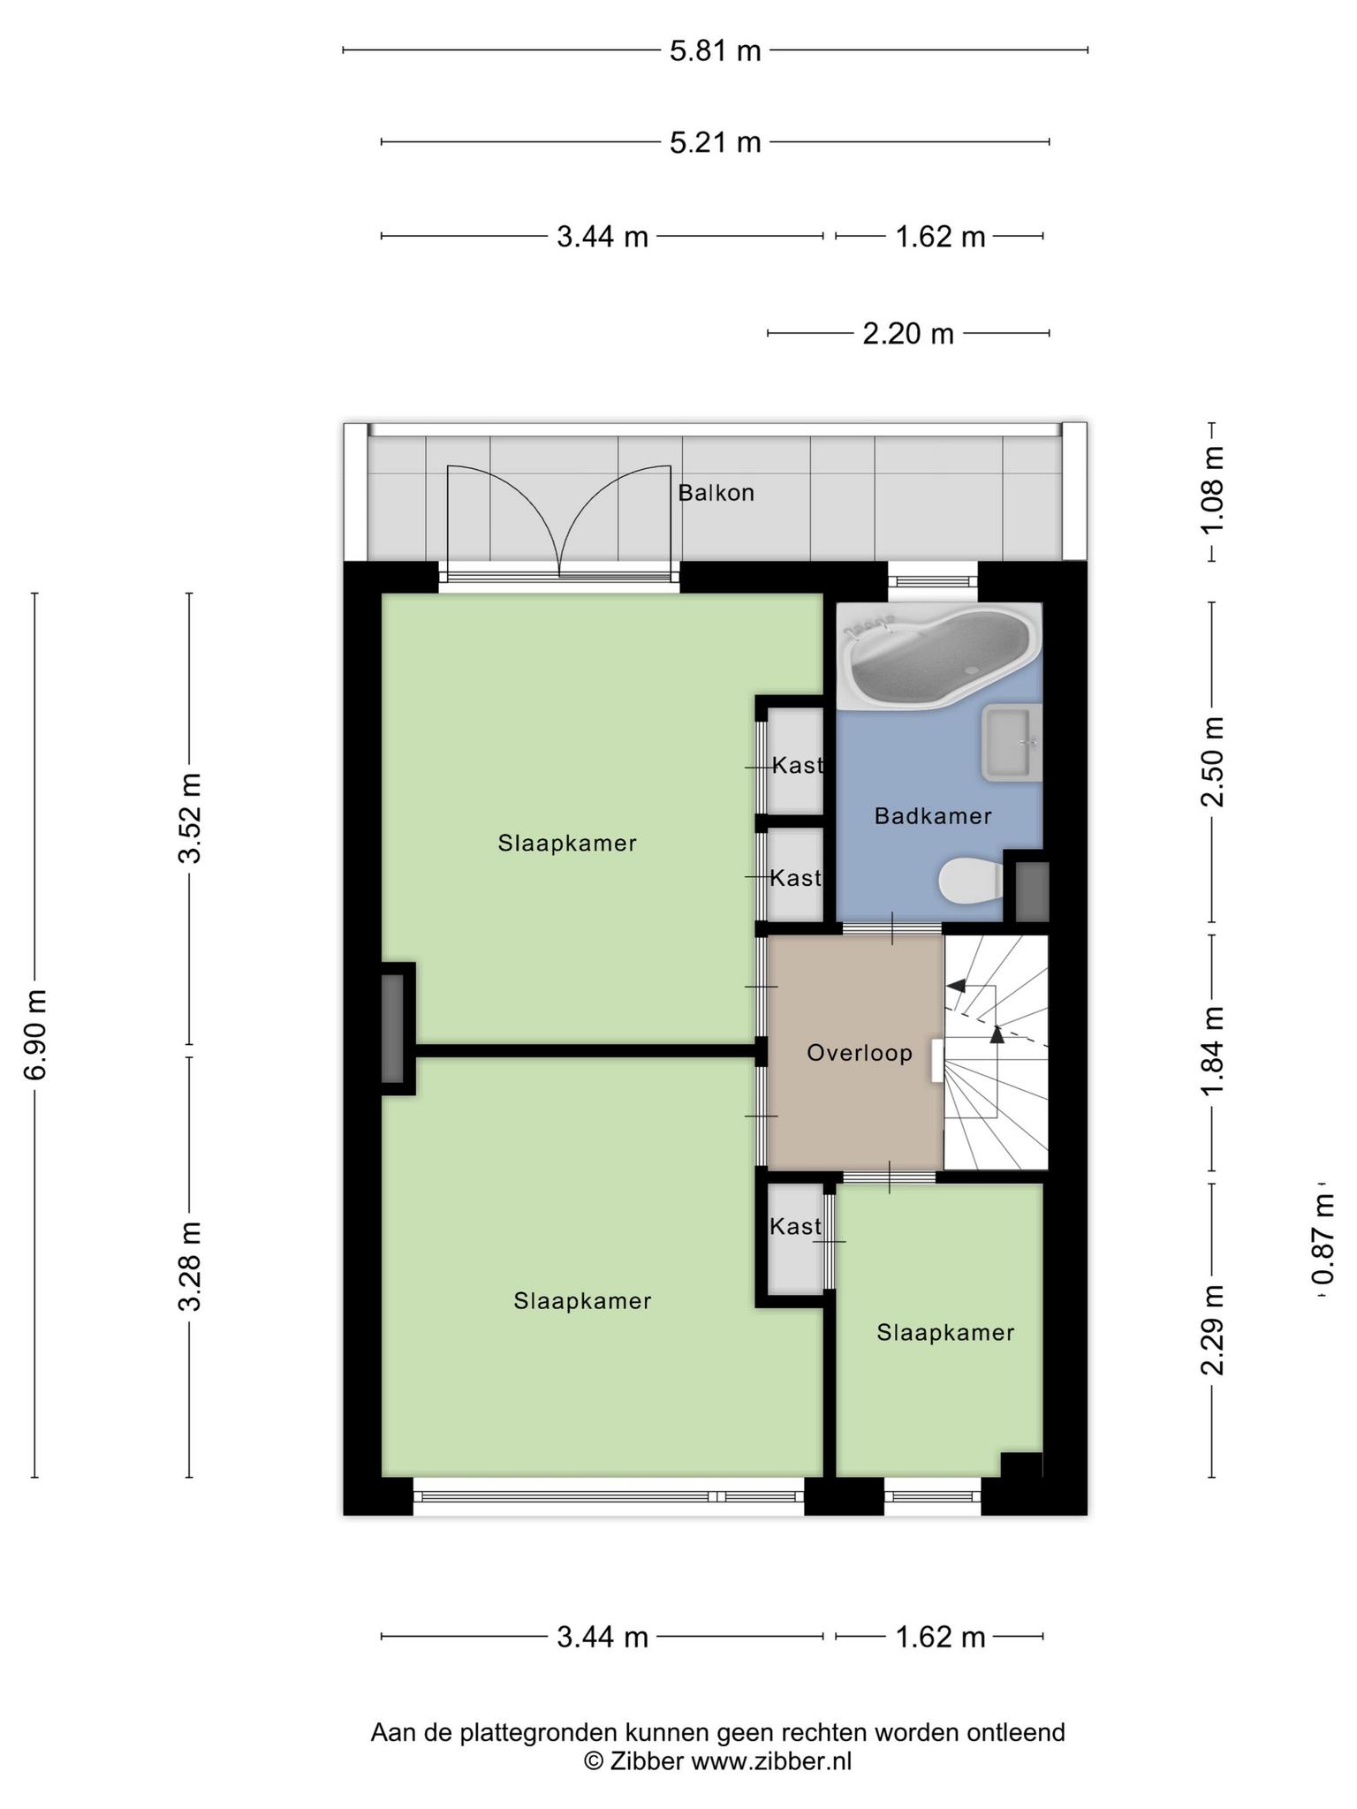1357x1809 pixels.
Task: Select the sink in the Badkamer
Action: [1012, 743]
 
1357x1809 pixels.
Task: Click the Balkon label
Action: [716, 493]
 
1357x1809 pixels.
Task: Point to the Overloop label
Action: [860, 1053]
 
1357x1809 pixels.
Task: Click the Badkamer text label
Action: [933, 816]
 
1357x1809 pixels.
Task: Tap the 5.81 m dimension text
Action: [715, 50]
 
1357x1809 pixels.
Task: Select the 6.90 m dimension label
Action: [36, 1034]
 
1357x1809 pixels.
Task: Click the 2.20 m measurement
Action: [908, 334]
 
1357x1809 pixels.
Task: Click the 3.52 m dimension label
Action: [189, 818]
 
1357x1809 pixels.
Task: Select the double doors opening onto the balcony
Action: [560, 521]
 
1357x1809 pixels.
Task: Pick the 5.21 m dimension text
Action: [715, 142]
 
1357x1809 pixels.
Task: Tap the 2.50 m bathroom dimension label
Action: [1214, 761]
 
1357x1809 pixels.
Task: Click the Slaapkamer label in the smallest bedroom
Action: [945, 1333]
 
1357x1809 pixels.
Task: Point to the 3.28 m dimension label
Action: [189, 1266]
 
